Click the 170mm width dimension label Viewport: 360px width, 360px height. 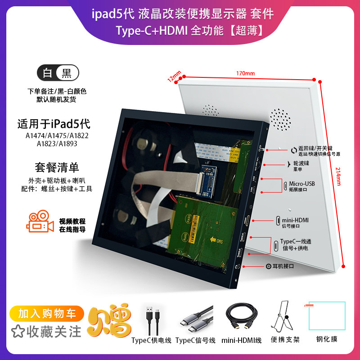(244, 73)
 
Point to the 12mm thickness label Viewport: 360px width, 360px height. (174, 76)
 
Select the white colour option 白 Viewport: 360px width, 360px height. (47, 72)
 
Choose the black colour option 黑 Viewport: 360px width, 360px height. (67, 72)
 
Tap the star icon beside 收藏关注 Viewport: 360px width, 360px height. (18, 332)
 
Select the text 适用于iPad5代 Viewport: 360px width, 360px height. (56, 123)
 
